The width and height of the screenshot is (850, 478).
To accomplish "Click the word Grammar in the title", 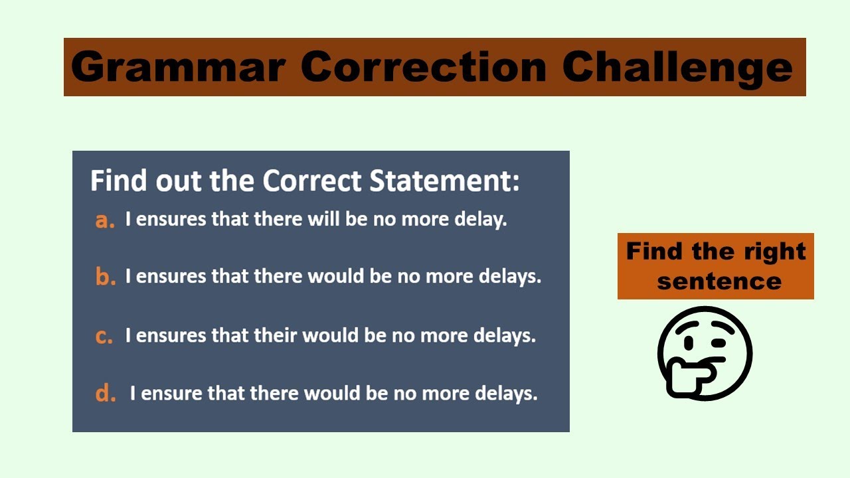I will (178, 67).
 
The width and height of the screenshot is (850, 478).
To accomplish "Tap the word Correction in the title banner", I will (423, 67).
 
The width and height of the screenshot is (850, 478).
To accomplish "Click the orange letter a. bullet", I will (105, 220).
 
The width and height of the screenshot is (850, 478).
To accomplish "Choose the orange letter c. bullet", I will (104, 336).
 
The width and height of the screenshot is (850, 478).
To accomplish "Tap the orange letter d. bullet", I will (106, 394).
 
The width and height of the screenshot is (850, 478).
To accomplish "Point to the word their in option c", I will (275, 335).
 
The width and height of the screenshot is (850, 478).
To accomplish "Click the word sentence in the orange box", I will (719, 281).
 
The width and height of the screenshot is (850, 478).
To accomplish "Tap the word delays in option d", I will (506, 393).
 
